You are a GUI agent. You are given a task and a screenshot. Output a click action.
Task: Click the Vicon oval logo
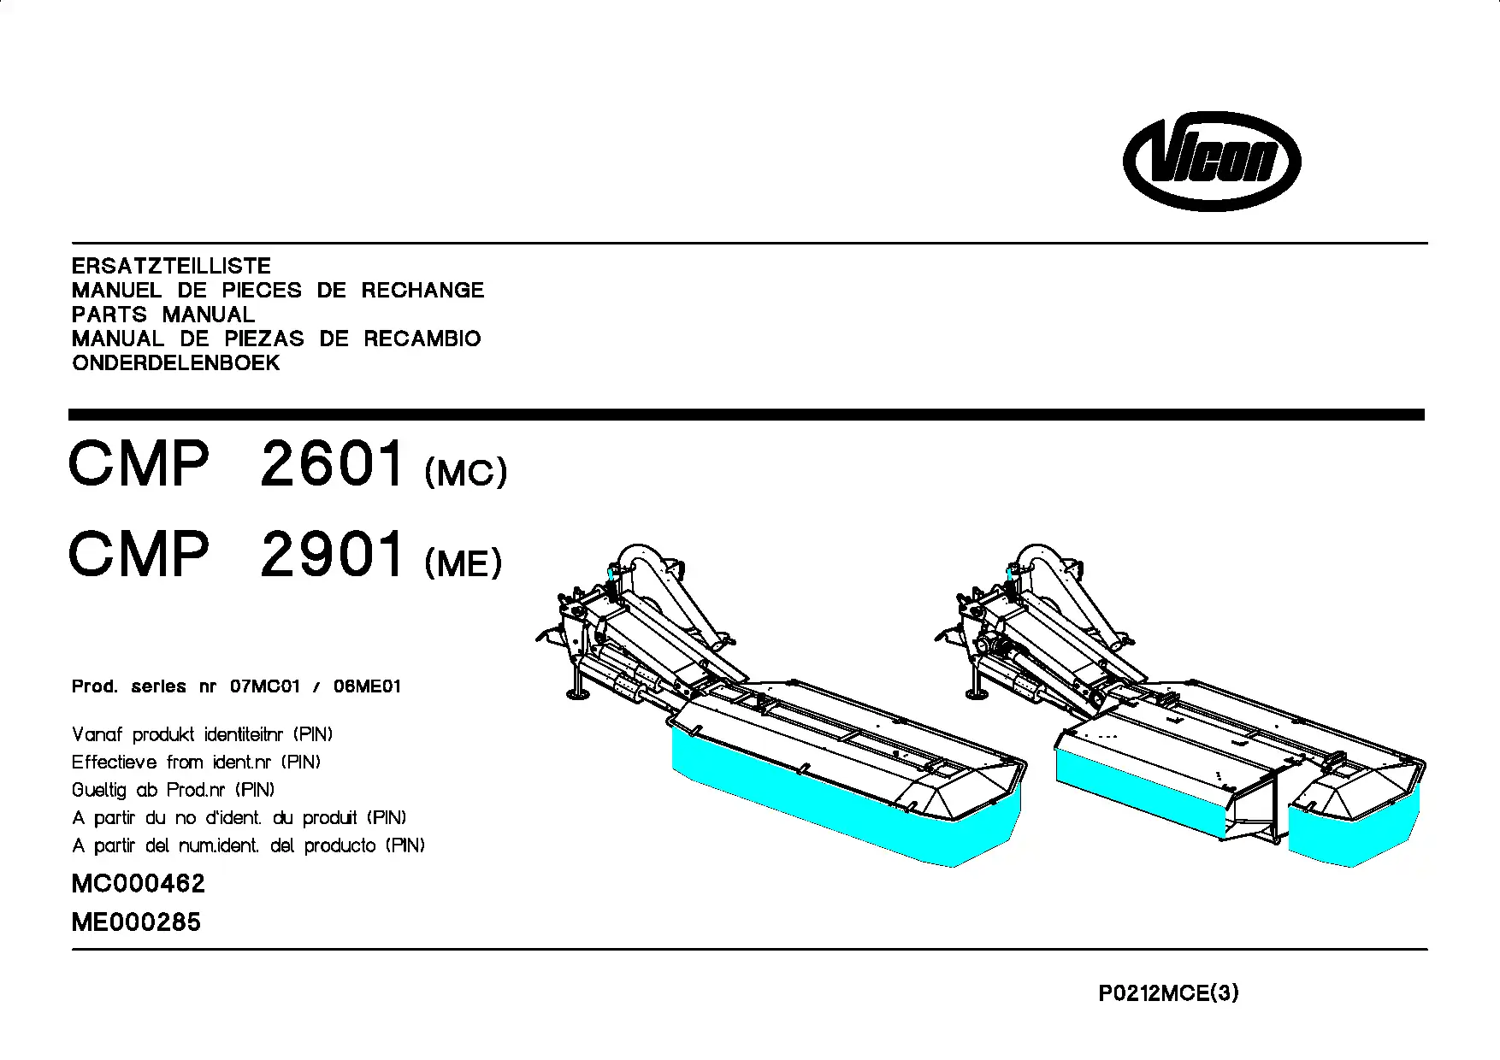pyautogui.click(x=1212, y=161)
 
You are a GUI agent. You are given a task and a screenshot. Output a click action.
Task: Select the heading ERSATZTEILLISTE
pyautogui.click(x=171, y=266)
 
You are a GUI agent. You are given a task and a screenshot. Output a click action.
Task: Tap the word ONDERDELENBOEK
pyautogui.click(x=176, y=363)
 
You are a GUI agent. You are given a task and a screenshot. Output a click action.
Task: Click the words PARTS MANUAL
pyautogui.click(x=163, y=315)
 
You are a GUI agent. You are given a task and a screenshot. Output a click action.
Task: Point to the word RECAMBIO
pyautogui.click(x=422, y=339)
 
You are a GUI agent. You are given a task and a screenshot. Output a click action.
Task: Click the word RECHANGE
pyautogui.click(x=422, y=291)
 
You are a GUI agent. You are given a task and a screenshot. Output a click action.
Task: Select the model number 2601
pyautogui.click(x=332, y=463)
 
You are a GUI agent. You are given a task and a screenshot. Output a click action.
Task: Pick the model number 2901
pyautogui.click(x=332, y=554)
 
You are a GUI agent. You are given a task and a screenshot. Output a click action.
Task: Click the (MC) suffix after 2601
pyautogui.click(x=466, y=472)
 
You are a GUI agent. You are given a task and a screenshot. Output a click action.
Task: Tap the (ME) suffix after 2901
pyautogui.click(x=464, y=562)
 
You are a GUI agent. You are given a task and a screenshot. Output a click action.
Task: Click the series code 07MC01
pyautogui.click(x=265, y=686)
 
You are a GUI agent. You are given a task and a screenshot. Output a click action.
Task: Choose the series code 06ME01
pyautogui.click(x=367, y=686)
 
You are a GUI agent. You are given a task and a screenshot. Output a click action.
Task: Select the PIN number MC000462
pyautogui.click(x=139, y=884)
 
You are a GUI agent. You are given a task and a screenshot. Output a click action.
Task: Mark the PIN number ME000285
pyautogui.click(x=137, y=922)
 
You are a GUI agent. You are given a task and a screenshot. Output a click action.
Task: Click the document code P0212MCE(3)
pyautogui.click(x=1169, y=993)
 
